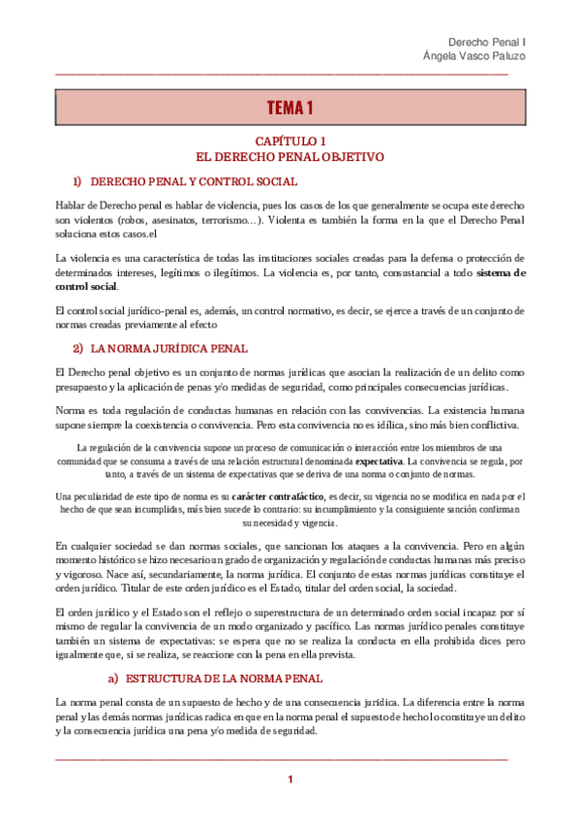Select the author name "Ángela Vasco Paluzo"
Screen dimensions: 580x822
click(x=474, y=56)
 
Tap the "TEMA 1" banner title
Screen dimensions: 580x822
click(x=290, y=107)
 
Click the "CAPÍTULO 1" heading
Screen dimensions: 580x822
click(x=290, y=141)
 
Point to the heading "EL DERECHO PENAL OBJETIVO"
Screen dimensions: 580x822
click(x=290, y=155)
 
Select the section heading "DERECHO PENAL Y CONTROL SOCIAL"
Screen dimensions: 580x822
click(x=194, y=181)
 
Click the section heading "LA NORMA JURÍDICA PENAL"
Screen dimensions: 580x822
click(x=169, y=348)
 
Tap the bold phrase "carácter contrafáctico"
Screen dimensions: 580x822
click(x=278, y=495)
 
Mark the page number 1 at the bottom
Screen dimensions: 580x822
click(x=290, y=780)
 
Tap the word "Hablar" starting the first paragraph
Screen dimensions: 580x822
click(x=71, y=206)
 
